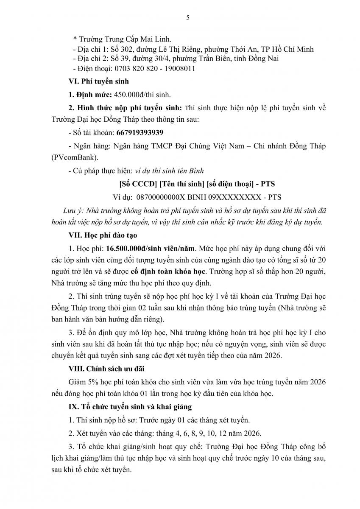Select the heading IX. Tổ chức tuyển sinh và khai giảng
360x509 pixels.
coord(130,406)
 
